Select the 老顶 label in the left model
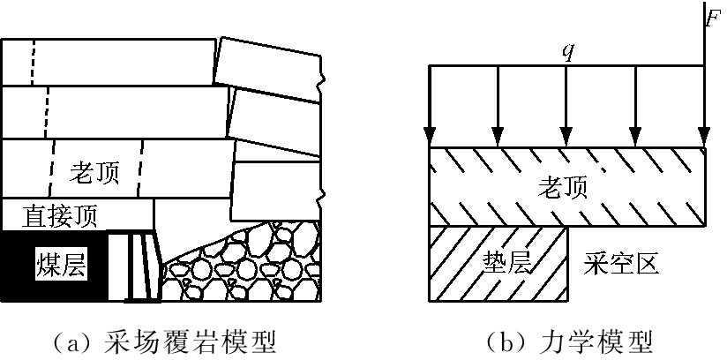[92, 172]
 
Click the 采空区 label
[621, 263]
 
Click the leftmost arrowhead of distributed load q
[430, 137]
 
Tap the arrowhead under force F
[704, 137]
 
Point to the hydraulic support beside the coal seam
[141, 265]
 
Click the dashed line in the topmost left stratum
[33, 62]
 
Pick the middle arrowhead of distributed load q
[566, 137]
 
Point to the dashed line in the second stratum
[44, 112]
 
